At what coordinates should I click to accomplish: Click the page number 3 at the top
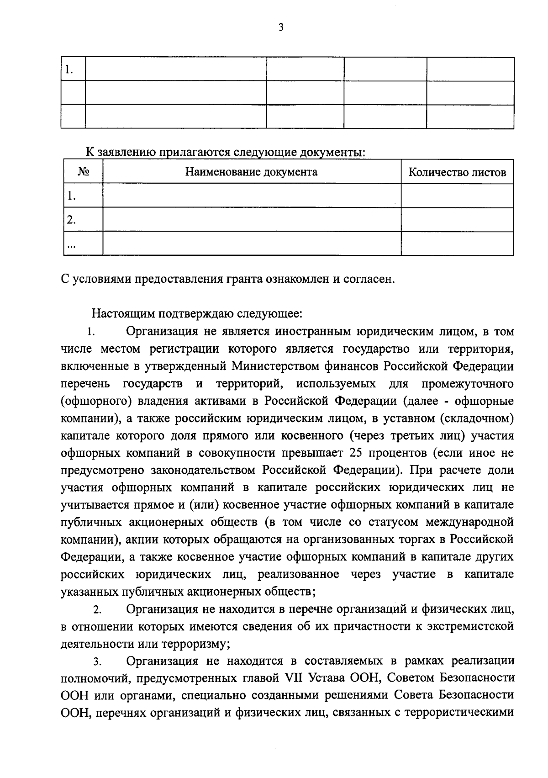point(280,27)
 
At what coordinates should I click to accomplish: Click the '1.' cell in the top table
point(69,69)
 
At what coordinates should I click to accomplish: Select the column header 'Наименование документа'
point(251,172)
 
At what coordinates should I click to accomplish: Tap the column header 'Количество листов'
point(457,172)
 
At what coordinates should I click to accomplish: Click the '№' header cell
point(83,172)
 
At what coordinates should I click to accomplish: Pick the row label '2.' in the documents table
point(71,220)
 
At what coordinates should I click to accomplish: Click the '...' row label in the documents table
point(72,244)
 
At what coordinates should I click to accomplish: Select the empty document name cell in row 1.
point(251,196)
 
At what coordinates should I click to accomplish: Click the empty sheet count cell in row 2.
point(457,220)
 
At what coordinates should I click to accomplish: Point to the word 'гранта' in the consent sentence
point(244,279)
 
